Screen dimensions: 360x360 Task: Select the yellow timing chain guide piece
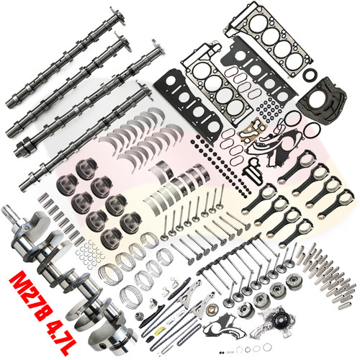[x=160, y=330]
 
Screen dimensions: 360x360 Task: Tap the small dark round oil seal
[x=310, y=76]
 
